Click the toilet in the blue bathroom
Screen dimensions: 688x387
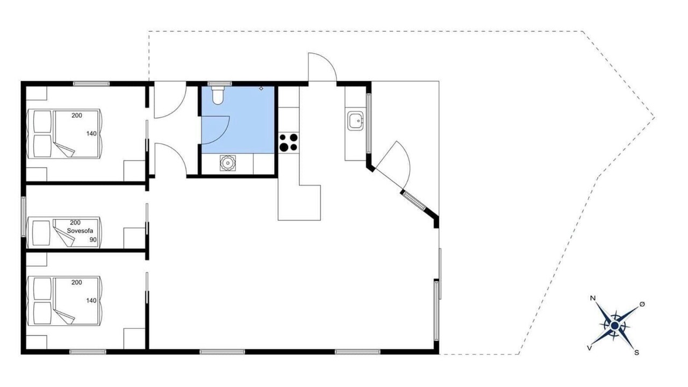(x=218, y=95)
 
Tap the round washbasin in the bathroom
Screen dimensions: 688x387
(x=227, y=163)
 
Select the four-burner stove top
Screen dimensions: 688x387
(x=289, y=142)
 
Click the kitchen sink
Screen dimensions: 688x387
(x=355, y=121)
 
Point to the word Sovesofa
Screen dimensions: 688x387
(x=80, y=231)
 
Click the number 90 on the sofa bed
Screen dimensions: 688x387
(x=93, y=240)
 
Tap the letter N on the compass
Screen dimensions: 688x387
(x=593, y=298)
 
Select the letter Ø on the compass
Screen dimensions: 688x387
(x=642, y=304)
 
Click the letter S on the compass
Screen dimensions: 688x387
(x=636, y=353)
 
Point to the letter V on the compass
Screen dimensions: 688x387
(x=589, y=348)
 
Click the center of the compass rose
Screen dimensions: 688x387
(x=614, y=326)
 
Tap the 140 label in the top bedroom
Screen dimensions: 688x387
(x=91, y=134)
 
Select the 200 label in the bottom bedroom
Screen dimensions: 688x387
(x=76, y=282)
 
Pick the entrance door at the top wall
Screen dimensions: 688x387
(x=322, y=67)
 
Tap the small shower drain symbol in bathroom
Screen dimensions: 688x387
(x=261, y=89)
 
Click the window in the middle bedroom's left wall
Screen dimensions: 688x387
(x=23, y=217)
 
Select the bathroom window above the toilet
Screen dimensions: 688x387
(x=220, y=83)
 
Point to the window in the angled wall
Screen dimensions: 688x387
(x=414, y=200)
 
